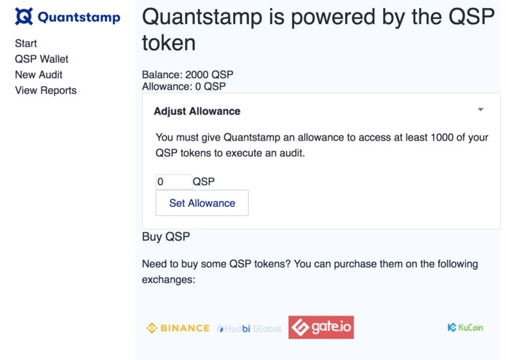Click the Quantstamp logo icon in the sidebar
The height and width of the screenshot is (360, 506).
[x=24, y=17]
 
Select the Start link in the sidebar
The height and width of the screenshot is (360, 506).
[x=25, y=44]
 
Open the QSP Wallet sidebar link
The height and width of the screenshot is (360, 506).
[x=41, y=59]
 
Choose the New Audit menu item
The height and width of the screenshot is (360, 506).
[x=39, y=74]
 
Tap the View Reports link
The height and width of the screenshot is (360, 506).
[x=45, y=90]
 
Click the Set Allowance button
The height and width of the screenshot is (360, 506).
[x=202, y=203]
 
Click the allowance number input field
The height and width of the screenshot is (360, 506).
[x=173, y=181]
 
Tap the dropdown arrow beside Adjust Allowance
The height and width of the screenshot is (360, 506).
[x=481, y=110]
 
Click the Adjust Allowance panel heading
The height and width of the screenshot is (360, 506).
[x=197, y=111]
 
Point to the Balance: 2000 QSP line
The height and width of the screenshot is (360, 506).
[x=187, y=74]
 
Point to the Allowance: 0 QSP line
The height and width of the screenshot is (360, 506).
[x=183, y=86]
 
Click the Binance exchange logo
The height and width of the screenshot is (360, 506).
[x=178, y=329]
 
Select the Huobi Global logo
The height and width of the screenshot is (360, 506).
[x=249, y=329]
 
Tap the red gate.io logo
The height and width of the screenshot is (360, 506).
[x=320, y=328]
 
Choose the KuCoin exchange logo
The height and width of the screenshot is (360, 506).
[x=465, y=328]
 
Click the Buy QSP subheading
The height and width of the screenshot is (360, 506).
[x=165, y=237]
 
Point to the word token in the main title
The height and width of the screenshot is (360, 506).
[x=168, y=43]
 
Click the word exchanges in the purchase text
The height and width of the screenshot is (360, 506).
[x=168, y=279]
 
